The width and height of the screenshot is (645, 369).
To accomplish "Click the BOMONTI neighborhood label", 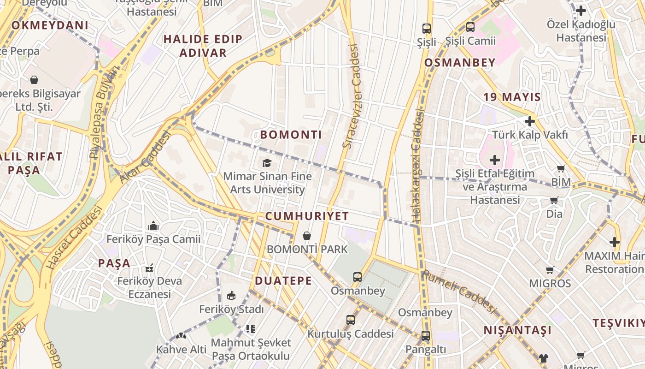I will pyautogui.click(x=291, y=135).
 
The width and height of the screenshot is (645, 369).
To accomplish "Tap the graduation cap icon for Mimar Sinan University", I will pyautogui.click(x=267, y=163).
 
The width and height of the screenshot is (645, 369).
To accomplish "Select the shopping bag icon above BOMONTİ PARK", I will pyautogui.click(x=307, y=236).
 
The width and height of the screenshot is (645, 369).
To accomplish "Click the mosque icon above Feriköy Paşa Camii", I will pyautogui.click(x=153, y=226).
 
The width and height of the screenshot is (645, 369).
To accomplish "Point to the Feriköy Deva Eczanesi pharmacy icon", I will pyautogui.click(x=149, y=268).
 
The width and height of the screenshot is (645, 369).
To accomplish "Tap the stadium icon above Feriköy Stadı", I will pyautogui.click(x=231, y=295).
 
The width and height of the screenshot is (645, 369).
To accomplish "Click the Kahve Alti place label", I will pyautogui.click(x=181, y=349).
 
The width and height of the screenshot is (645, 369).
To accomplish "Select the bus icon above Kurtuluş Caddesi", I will pyautogui.click(x=351, y=320).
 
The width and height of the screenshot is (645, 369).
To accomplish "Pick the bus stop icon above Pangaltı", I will pyautogui.click(x=425, y=336).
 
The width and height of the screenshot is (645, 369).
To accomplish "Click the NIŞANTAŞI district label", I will pyautogui.click(x=517, y=330).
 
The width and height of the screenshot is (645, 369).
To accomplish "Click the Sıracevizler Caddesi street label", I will pyautogui.click(x=351, y=96).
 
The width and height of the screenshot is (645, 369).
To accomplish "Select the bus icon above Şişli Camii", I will pyautogui.click(x=470, y=27).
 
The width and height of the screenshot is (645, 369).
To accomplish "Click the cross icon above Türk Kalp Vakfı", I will pyautogui.click(x=530, y=121).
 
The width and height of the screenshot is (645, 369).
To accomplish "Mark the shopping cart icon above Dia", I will pyautogui.click(x=554, y=201).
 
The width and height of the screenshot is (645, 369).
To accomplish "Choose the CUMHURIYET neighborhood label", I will pyautogui.click(x=307, y=216).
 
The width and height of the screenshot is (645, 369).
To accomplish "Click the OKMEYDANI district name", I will pyautogui.click(x=50, y=25).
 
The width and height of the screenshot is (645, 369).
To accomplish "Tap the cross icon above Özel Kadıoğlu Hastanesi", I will pyautogui.click(x=581, y=10).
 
